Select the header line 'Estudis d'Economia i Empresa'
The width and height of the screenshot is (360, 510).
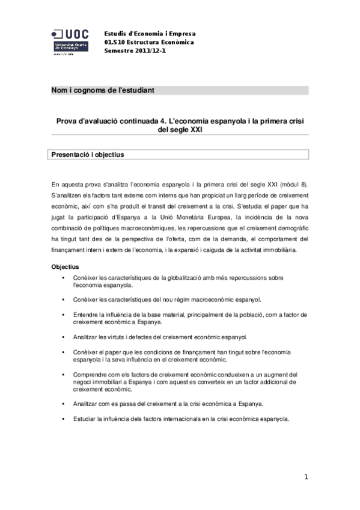point(150,34)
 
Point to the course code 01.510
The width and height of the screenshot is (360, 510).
point(114,42)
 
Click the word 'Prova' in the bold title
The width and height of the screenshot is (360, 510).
point(69,121)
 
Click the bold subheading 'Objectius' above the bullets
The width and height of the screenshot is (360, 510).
point(66,266)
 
